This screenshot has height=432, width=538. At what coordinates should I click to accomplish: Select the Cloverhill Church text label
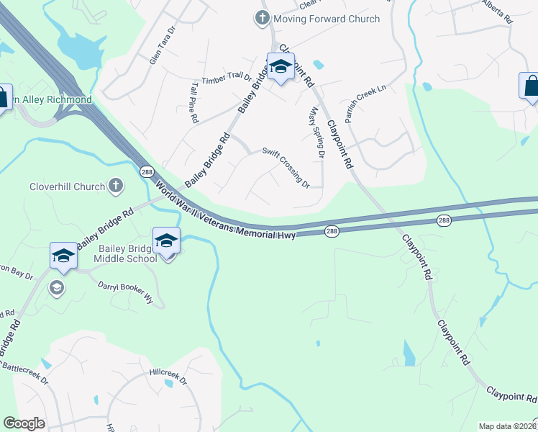click(x=67, y=186)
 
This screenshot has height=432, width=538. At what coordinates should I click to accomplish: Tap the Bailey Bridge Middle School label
click(x=127, y=253)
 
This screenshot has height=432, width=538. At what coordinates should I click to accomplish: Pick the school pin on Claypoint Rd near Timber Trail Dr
click(x=281, y=68)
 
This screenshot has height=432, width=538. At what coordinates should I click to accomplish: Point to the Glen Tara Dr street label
click(x=163, y=46)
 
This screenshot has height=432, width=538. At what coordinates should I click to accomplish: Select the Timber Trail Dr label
click(x=227, y=79)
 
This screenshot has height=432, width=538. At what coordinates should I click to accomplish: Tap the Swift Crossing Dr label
click(x=286, y=167)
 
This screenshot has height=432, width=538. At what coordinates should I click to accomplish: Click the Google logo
click(x=24, y=423)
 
